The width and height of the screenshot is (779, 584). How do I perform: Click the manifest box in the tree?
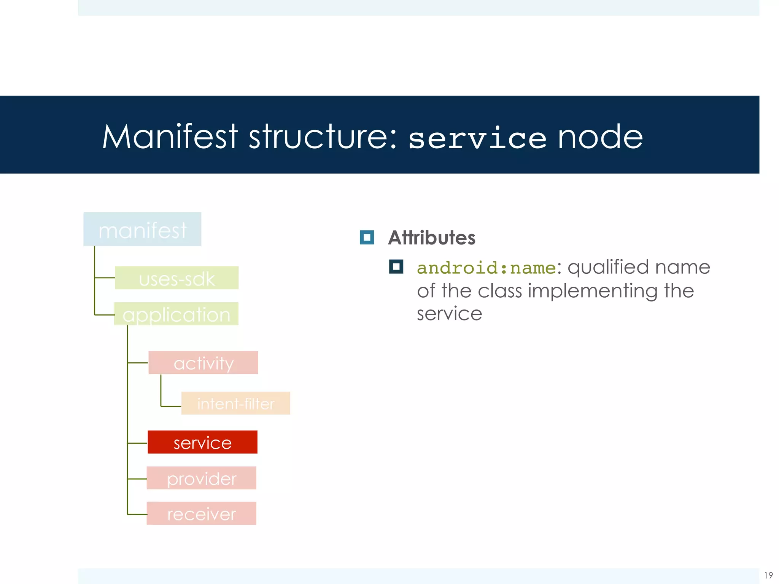pyautogui.click(x=142, y=229)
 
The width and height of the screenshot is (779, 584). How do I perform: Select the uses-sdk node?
pyautogui.click(x=177, y=278)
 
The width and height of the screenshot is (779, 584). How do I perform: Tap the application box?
pyautogui.click(x=176, y=314)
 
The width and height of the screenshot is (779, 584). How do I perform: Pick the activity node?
pyautogui.click(x=203, y=363)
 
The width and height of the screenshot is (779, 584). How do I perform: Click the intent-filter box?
pyautogui.click(x=236, y=403)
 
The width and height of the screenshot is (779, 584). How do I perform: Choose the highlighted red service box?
pyautogui.click(x=202, y=442)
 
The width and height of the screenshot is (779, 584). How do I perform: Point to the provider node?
pyautogui.click(x=202, y=478)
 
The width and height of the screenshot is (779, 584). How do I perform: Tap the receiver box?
pyautogui.click(x=202, y=514)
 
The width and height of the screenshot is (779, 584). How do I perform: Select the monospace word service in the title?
pyautogui.click(x=477, y=138)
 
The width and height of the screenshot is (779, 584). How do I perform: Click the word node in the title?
pyautogui.click(x=600, y=137)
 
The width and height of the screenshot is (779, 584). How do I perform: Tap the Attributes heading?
pyautogui.click(x=432, y=238)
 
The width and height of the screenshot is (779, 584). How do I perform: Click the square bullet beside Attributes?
pyautogui.click(x=367, y=238)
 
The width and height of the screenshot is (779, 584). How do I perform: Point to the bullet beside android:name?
pyautogui.click(x=396, y=267)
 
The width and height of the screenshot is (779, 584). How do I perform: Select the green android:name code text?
pyautogui.click(x=486, y=268)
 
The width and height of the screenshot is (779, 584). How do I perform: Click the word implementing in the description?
pyautogui.click(x=593, y=291)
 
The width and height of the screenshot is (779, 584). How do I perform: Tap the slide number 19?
pyautogui.click(x=768, y=575)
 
